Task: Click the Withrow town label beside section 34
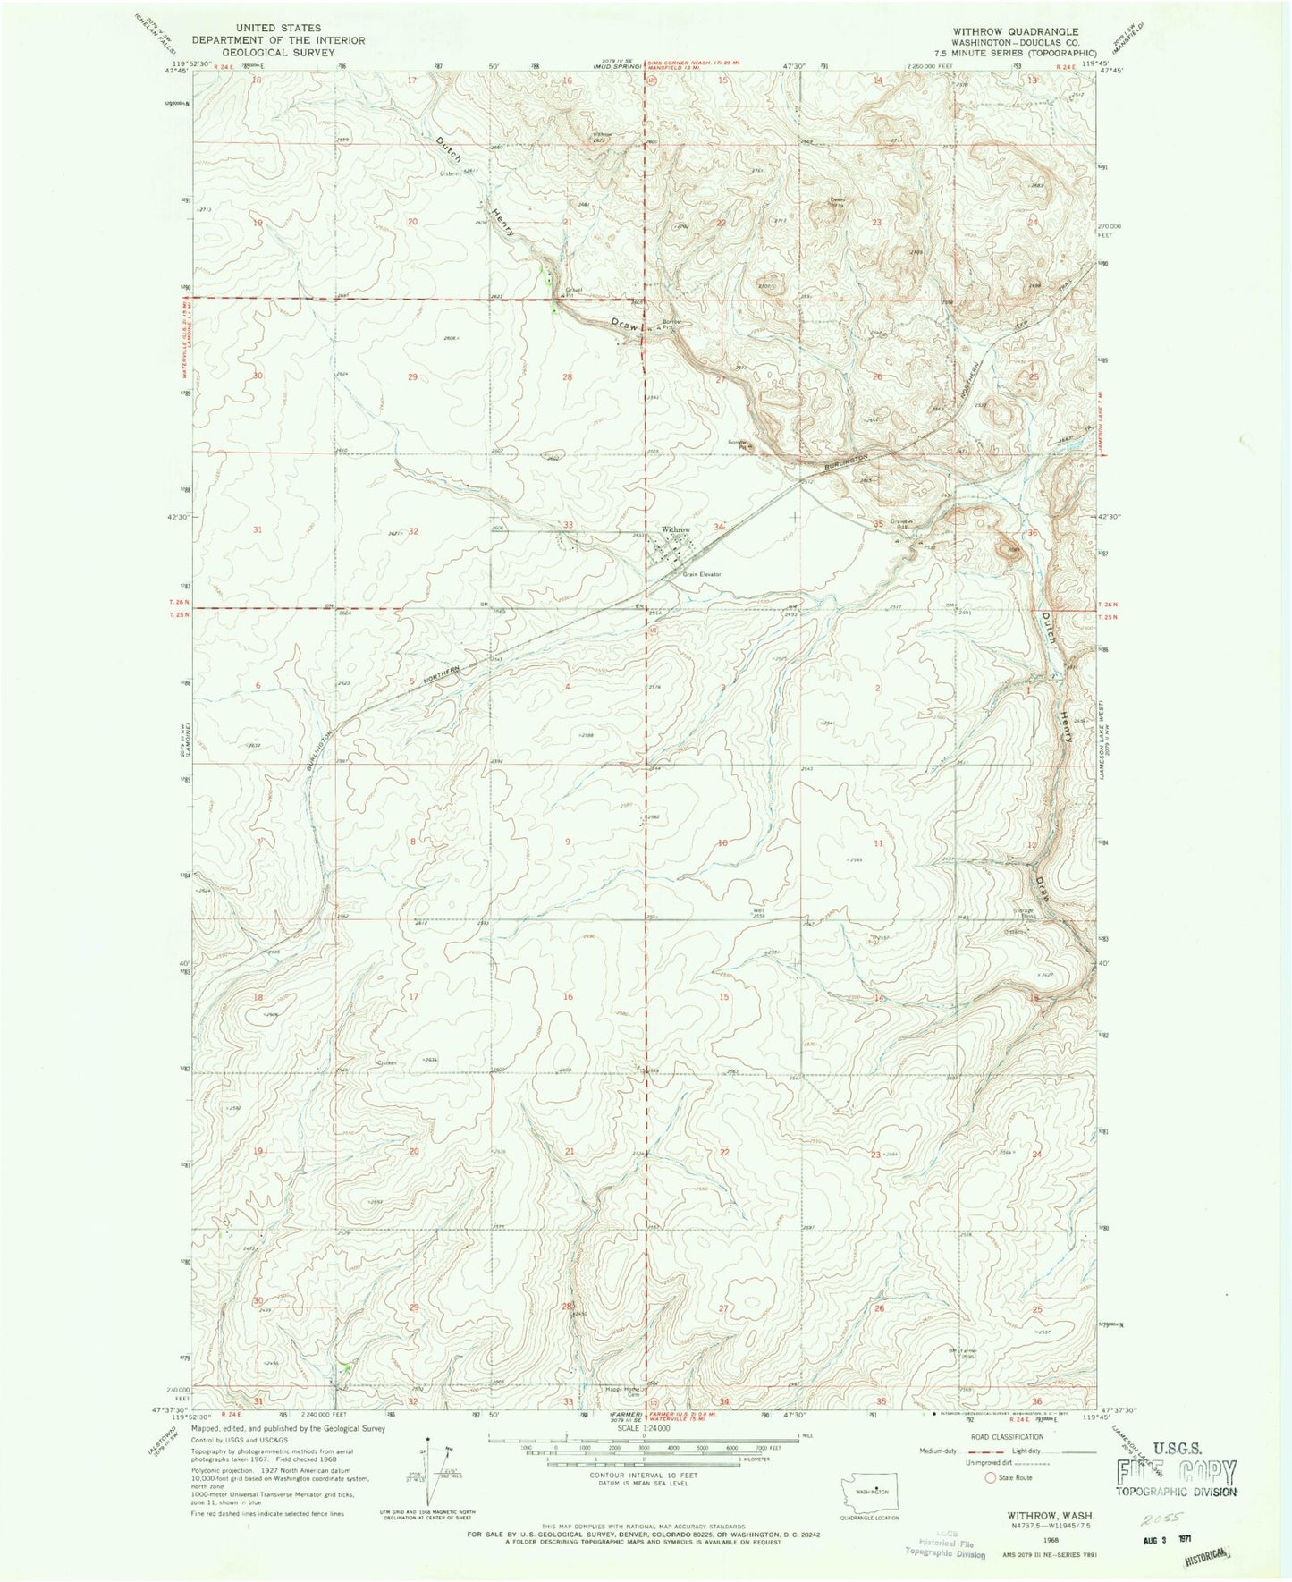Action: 675,530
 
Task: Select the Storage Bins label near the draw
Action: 1025,914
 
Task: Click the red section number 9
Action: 568,842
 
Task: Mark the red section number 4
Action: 568,686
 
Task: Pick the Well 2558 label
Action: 758,913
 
